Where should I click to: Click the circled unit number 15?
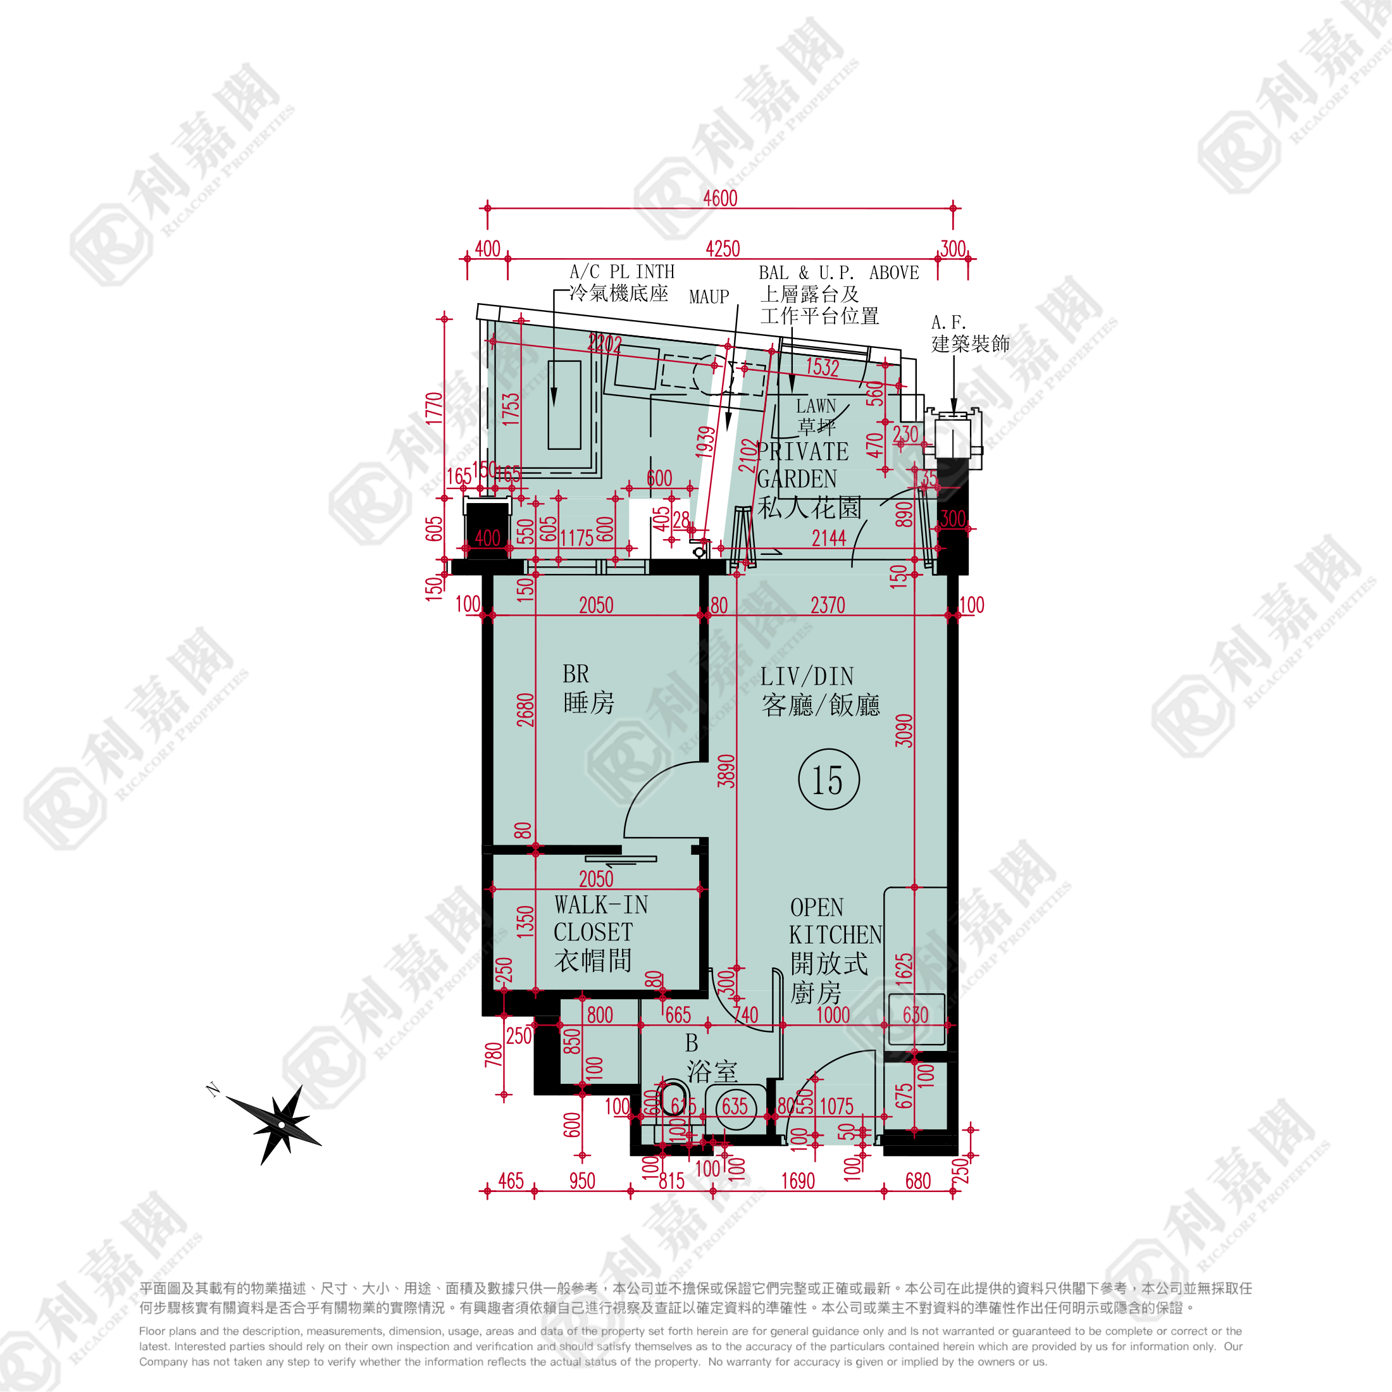829,780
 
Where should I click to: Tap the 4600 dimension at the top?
720,198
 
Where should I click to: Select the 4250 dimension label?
723,249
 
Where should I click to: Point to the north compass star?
281,1124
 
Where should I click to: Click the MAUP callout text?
709,297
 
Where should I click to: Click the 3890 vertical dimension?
726,771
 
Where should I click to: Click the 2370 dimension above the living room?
827,606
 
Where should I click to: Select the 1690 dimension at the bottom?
798,1181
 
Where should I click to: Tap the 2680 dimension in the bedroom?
525,710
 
